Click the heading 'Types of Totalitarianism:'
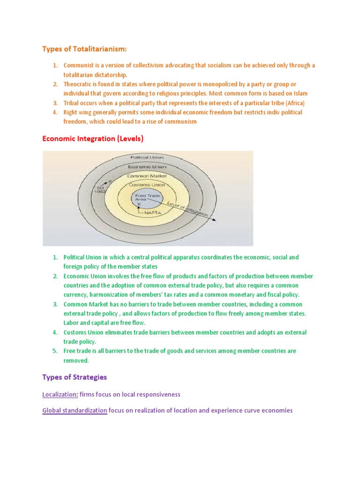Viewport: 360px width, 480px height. pos(84,49)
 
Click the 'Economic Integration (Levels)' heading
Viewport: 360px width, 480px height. pos(93,139)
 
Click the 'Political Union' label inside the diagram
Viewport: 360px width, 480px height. pos(146,158)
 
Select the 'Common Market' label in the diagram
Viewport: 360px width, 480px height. pos(146,176)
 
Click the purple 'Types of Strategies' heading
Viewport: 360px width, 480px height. pos(75,377)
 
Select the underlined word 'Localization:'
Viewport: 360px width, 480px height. pos(60,395)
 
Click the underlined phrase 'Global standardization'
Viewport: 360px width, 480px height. pos(75,411)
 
